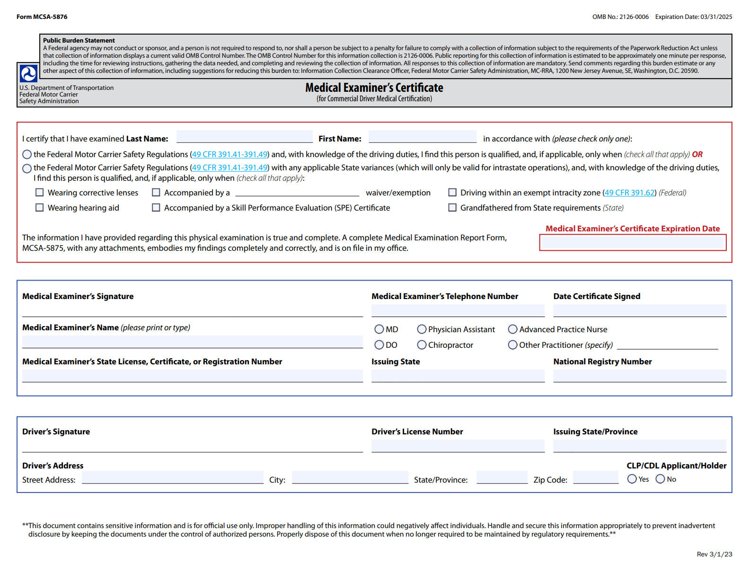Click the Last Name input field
tap(244, 137)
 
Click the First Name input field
tap(422, 137)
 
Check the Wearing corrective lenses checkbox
tap(40, 193)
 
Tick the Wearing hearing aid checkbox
tap(40, 208)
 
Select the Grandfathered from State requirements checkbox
tap(452, 208)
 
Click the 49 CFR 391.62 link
tap(629, 193)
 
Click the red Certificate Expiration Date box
tap(633, 243)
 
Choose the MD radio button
tap(379, 329)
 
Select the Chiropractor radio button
tap(422, 345)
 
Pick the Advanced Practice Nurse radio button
tap(512, 329)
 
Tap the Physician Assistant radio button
tap(422, 329)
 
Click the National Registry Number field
tap(639, 376)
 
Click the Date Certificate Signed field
tap(639, 310)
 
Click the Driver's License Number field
tap(458, 446)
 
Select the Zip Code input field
tap(595, 477)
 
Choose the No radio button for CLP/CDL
tap(660, 479)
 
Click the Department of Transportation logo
tap(28, 73)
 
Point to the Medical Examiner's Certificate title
tap(374, 88)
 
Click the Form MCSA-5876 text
tap(42, 17)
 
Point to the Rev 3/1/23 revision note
tap(714, 554)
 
